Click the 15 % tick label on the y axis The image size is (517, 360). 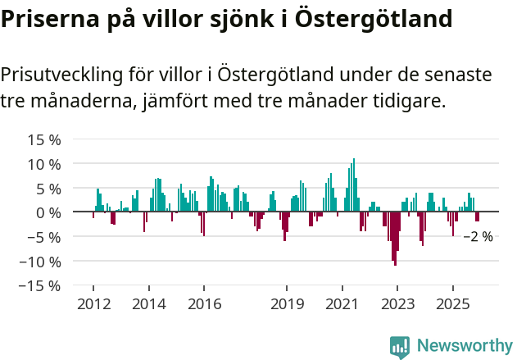(x=43, y=139)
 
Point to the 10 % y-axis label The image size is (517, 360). (x=43, y=164)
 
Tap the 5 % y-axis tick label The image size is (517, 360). (x=48, y=189)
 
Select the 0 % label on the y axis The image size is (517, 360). (x=48, y=212)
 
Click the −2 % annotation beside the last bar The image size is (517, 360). (x=478, y=236)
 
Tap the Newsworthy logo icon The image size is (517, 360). (x=400, y=346)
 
